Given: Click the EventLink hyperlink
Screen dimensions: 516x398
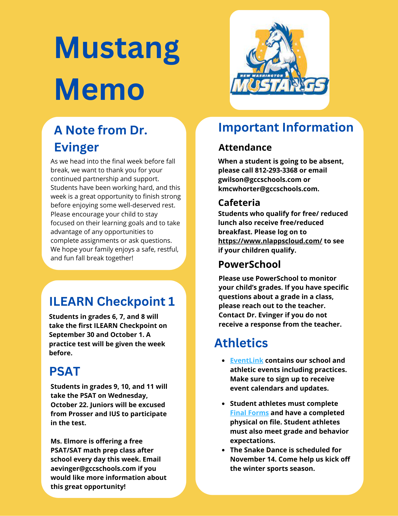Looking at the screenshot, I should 247,360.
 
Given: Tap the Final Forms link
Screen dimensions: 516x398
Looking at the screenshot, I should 249,413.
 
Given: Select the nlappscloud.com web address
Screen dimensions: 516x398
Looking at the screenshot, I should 270,241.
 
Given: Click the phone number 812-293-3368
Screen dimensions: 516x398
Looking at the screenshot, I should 276,170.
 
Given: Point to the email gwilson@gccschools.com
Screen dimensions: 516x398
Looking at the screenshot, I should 260,180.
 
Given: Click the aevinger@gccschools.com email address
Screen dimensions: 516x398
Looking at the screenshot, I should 93,469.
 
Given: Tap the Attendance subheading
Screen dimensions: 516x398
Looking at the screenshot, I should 245,147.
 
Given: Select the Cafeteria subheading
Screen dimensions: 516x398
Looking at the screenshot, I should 239,203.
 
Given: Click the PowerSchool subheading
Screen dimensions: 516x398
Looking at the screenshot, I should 249,264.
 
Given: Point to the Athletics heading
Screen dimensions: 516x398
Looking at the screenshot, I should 241,343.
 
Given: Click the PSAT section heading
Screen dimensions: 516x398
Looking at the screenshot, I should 65,372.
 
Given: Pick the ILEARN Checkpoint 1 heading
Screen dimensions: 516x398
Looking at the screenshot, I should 112,301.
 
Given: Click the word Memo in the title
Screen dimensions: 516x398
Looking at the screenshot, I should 99,89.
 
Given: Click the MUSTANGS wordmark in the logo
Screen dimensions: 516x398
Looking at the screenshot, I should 279,86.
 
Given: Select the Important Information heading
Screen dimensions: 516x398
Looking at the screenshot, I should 286,127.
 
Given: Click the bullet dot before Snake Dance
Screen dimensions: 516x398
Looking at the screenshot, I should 223,450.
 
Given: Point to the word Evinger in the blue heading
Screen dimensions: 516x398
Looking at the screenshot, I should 77,147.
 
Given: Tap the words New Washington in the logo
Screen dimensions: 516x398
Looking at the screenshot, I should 261,76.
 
